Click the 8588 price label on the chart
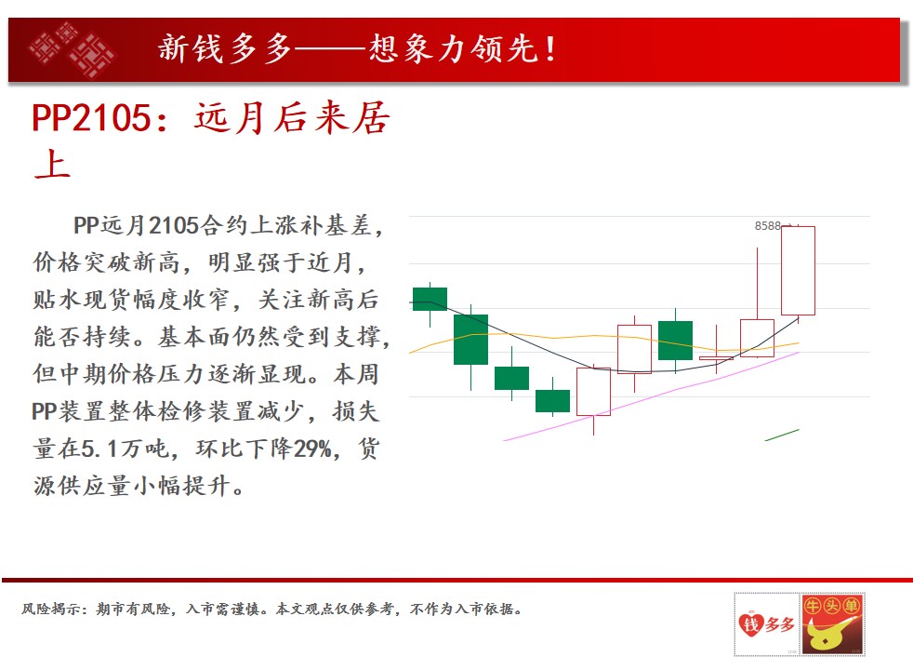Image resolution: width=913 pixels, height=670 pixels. click(x=767, y=225)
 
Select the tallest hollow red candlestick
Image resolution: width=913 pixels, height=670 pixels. click(x=798, y=271)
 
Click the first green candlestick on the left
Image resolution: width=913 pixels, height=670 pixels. click(x=430, y=299)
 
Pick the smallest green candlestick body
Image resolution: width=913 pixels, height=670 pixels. click(x=552, y=401)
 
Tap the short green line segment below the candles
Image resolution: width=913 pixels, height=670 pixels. click(x=782, y=435)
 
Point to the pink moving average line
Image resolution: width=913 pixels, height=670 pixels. click(x=651, y=397)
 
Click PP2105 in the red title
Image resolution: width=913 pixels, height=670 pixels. click(x=91, y=117)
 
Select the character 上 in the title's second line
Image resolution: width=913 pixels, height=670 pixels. click(x=52, y=164)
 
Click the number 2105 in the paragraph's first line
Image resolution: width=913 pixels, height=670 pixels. click(x=174, y=225)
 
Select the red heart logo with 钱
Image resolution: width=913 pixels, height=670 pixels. click(x=750, y=624)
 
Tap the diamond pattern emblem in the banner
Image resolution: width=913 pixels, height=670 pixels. click(x=71, y=49)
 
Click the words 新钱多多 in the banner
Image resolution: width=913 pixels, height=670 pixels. click(x=225, y=47)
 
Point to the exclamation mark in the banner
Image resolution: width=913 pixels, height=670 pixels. click(x=549, y=49)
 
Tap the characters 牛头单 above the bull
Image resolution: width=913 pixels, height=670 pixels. click(x=832, y=606)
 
